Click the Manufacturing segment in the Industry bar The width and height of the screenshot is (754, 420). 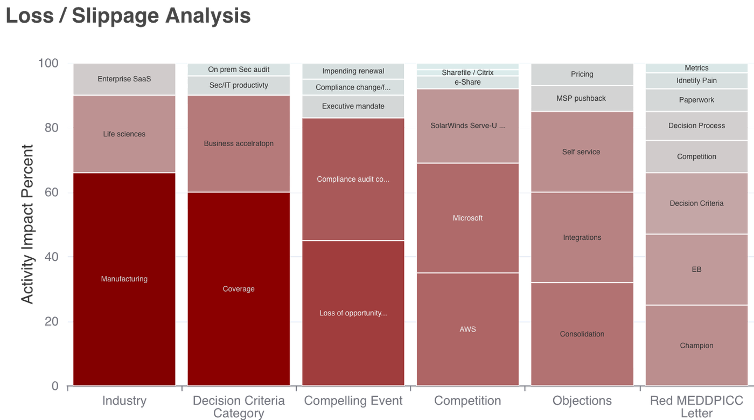click(x=124, y=279)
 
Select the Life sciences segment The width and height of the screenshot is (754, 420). click(x=124, y=134)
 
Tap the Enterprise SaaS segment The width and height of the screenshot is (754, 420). click(x=124, y=79)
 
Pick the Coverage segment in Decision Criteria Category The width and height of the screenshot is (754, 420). click(x=239, y=289)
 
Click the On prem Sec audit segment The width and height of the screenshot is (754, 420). click(x=239, y=70)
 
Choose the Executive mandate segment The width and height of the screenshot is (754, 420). click(x=353, y=107)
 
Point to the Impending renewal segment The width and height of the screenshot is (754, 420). click(x=353, y=71)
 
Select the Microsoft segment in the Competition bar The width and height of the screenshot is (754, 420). click(x=467, y=218)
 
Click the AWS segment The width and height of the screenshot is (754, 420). click(x=467, y=329)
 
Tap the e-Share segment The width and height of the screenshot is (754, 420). click(x=467, y=82)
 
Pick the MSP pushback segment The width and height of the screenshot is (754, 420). click(x=582, y=99)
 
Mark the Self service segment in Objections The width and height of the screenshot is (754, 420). click(x=582, y=152)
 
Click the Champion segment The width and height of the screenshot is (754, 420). click(x=696, y=346)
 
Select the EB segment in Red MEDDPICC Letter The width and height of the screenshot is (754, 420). click(x=696, y=270)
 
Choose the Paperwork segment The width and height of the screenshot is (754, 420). click(x=696, y=100)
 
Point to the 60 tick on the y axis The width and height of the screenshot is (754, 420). click(x=51, y=192)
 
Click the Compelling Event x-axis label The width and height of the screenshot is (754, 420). click(x=353, y=401)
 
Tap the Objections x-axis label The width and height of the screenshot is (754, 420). click(x=582, y=401)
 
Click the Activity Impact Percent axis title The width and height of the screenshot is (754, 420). click(x=27, y=224)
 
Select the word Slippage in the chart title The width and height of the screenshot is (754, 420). click(x=115, y=16)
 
